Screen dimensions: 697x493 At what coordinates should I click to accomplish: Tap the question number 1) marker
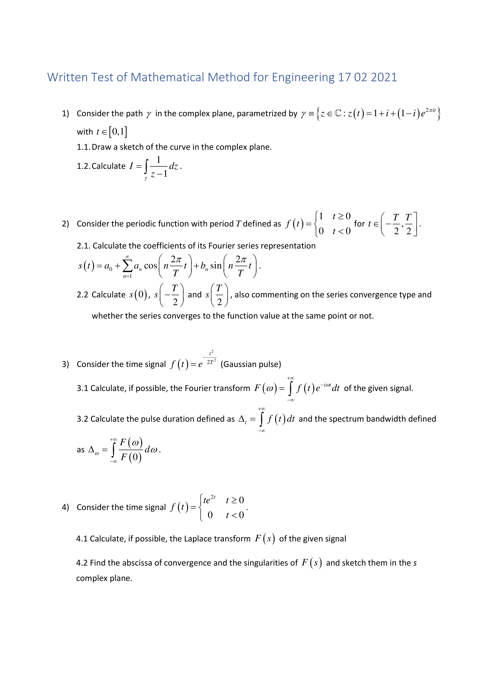tap(66, 114)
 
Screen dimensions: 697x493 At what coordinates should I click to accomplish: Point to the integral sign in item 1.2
tap(146, 166)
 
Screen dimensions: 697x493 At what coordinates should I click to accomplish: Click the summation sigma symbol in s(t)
tap(128, 266)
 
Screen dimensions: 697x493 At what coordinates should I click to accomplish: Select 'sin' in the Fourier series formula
tap(216, 266)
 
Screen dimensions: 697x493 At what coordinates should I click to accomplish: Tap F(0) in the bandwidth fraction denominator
tap(131, 457)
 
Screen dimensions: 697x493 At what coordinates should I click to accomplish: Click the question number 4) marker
tap(66, 507)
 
